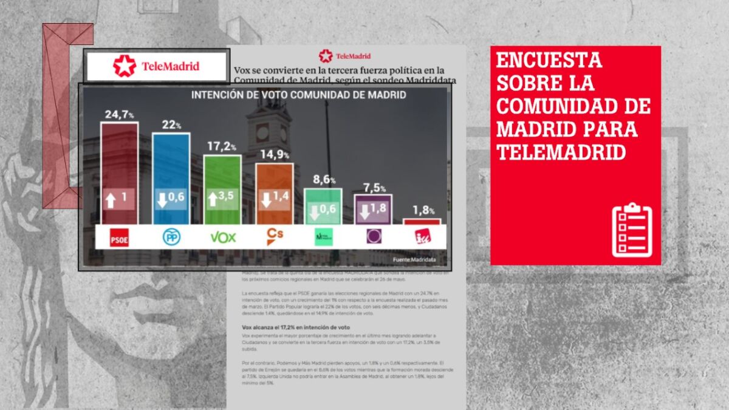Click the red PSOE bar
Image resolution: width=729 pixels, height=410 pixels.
coord(119,173)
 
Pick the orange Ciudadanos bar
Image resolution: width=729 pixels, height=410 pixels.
coord(274,193)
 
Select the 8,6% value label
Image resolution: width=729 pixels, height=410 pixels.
coord(323,179)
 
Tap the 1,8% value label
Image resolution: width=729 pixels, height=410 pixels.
coord(423,210)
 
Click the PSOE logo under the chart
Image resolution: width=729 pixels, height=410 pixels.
coord(118,238)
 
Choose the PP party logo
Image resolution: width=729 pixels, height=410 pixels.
coord(171,237)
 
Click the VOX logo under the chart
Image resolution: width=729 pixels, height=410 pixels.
coord(222,237)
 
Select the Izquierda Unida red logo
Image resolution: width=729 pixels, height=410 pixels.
coord(422,237)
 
